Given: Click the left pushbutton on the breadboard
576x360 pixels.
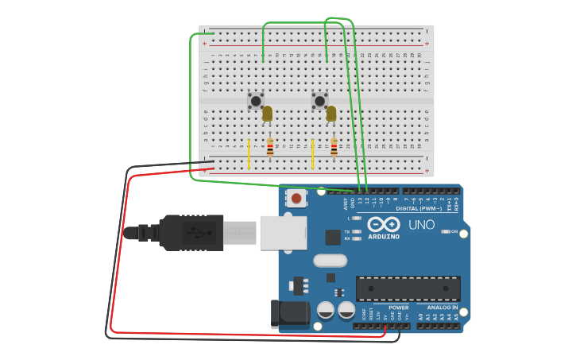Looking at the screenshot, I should [255, 101].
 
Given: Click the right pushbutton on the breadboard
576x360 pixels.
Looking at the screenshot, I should [319, 101].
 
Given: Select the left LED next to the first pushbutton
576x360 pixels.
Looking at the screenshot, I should [268, 114].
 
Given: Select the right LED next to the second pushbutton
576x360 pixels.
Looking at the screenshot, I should [331, 114].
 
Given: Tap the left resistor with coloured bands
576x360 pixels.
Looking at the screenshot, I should [270, 147].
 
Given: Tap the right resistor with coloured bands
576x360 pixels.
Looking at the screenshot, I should [334, 147].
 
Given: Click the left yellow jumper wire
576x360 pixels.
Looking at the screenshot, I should [249, 154].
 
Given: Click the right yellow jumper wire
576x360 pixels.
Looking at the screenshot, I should [313, 154].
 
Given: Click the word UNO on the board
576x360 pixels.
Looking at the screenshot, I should [421, 225].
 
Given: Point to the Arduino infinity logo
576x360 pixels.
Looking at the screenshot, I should [384, 224].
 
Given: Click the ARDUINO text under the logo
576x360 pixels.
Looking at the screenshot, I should [384, 236].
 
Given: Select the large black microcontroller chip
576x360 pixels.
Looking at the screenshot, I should [408, 288].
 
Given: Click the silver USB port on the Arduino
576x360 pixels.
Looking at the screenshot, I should [284, 233].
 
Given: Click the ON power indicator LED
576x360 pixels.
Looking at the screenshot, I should [445, 231].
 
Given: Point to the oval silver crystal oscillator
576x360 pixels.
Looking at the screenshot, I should [330, 260].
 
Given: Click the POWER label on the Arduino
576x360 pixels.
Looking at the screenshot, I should [398, 308].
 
